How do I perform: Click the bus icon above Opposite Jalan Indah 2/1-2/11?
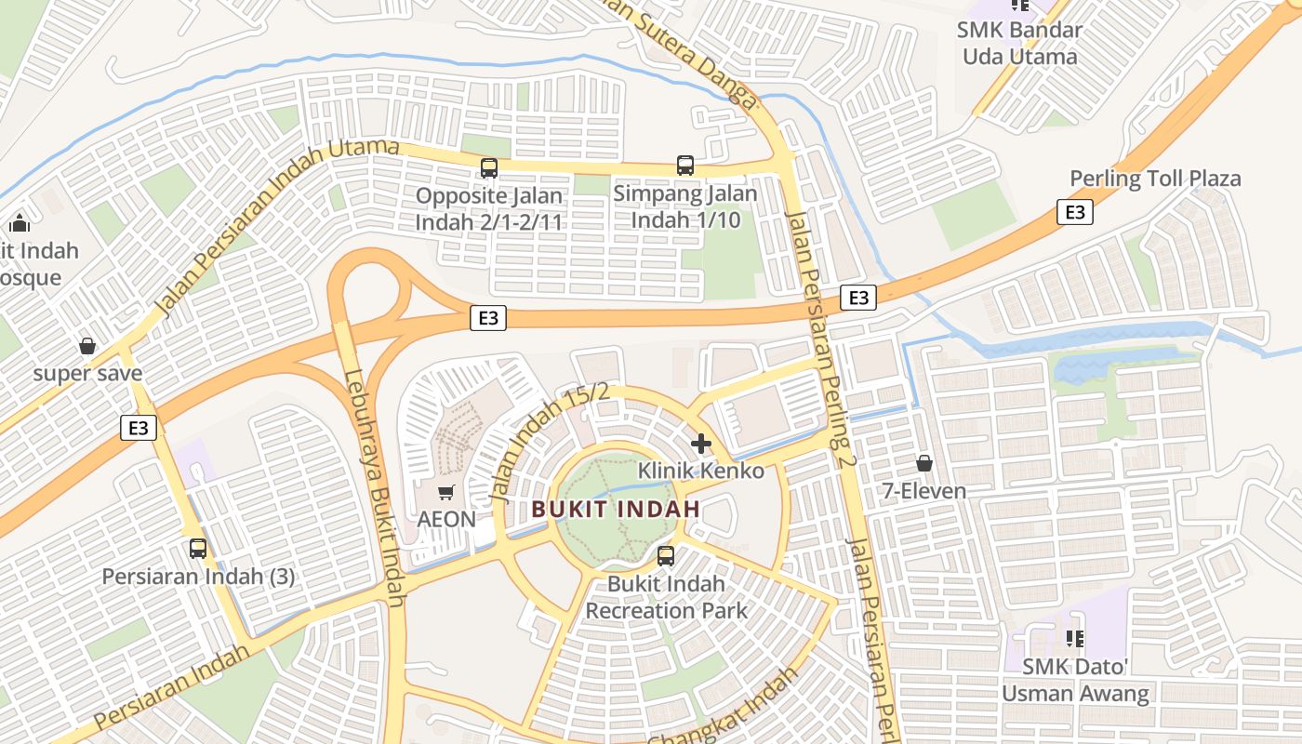tap(488, 168)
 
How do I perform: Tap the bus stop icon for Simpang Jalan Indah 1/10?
tap(685, 166)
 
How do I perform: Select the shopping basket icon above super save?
tap(87, 346)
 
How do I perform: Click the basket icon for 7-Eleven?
tap(924, 462)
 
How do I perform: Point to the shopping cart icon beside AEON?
tap(446, 491)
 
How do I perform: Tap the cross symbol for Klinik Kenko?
tap(701, 444)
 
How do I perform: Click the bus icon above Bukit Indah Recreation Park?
tap(666, 556)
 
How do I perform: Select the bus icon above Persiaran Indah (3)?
tap(198, 548)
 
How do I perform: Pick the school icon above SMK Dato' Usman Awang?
tap(1075, 639)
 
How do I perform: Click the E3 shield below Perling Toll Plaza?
tap(1074, 212)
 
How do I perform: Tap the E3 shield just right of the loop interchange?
tap(487, 318)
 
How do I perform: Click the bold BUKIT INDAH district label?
tap(616, 510)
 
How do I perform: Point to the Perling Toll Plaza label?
tap(1155, 179)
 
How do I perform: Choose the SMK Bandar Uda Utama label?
tap(1019, 43)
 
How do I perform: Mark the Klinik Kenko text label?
tap(700, 471)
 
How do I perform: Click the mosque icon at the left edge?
tap(19, 223)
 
